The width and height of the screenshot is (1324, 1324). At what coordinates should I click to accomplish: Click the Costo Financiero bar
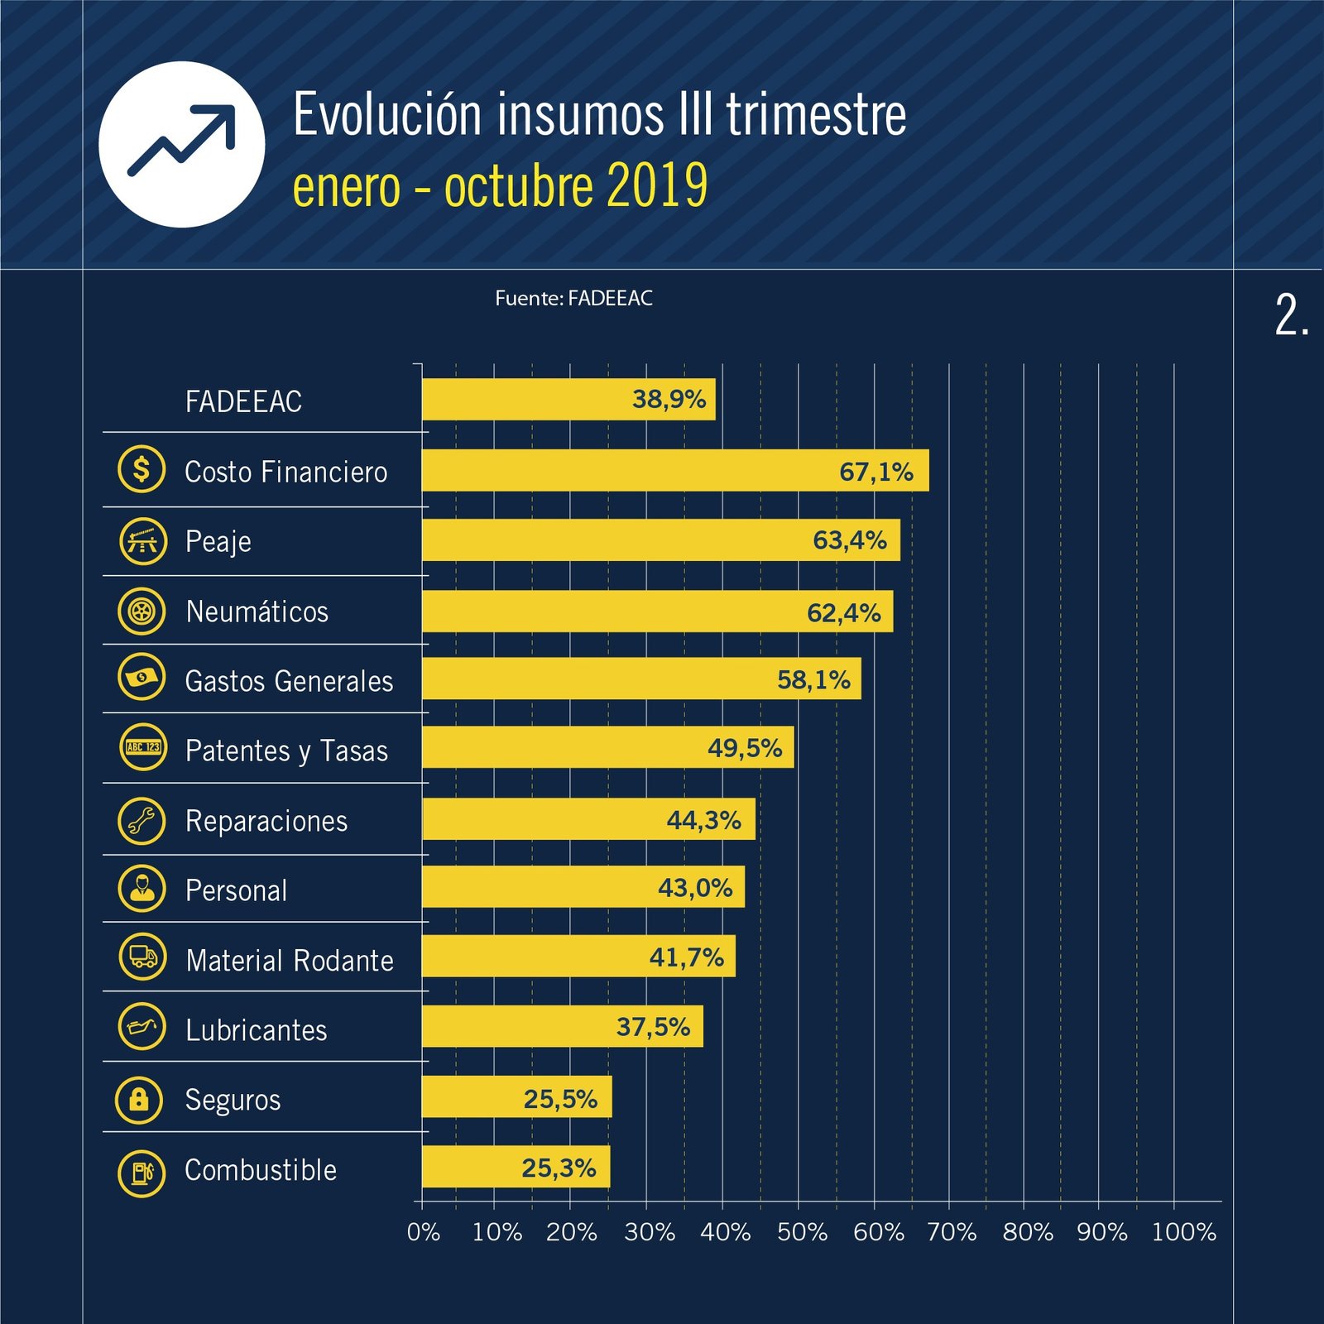[x=674, y=471]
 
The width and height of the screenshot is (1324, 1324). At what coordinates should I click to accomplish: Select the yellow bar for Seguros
[x=516, y=1097]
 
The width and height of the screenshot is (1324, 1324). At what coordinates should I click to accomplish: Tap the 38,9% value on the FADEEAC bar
[x=669, y=400]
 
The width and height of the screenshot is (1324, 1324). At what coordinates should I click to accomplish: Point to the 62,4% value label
[x=843, y=613]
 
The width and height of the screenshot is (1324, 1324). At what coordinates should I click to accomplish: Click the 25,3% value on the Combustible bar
[x=559, y=1168]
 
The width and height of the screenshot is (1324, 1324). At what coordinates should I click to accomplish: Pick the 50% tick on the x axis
[x=802, y=1232]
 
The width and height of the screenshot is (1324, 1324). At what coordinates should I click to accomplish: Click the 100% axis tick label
[x=1183, y=1232]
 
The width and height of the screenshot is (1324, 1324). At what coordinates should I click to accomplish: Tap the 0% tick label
[x=423, y=1232]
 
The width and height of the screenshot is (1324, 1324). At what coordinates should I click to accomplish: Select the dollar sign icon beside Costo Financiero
[x=142, y=469]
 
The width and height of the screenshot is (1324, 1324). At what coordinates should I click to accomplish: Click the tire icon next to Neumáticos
[x=142, y=612]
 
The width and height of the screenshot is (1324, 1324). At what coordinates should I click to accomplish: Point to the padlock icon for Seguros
[x=139, y=1100]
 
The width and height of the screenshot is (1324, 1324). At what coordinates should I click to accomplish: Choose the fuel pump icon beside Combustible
[x=142, y=1172]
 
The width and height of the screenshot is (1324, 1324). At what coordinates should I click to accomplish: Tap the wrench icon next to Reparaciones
[x=142, y=820]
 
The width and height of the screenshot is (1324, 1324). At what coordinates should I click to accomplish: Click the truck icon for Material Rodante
[x=142, y=957]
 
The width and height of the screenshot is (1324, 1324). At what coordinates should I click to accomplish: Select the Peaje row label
[x=218, y=542]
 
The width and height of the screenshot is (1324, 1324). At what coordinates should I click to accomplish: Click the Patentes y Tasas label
[x=286, y=751]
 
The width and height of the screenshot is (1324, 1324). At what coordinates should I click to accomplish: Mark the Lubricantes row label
[x=256, y=1030]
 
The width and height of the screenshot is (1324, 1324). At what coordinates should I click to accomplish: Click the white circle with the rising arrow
[x=182, y=145]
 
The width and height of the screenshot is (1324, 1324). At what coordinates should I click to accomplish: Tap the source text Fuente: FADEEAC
[x=573, y=299]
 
